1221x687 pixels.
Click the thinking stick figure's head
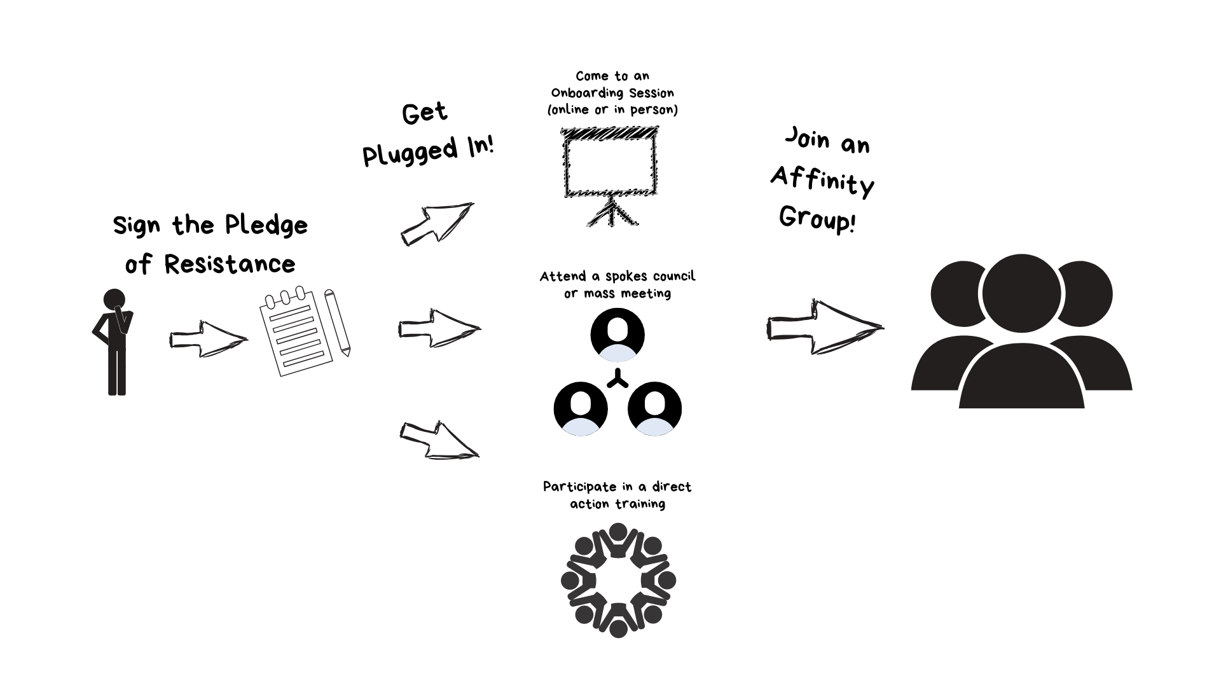[x=114, y=300]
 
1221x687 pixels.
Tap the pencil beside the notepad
[x=338, y=323]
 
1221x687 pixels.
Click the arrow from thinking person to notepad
[x=208, y=339]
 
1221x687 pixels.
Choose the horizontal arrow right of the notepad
[x=439, y=328]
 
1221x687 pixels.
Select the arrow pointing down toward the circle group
[x=439, y=440]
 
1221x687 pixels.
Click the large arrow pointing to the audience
[x=824, y=328]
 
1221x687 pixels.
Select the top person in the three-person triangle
[x=617, y=340]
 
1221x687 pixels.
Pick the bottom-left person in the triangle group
[x=581, y=414]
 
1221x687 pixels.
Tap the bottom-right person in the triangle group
[x=654, y=414]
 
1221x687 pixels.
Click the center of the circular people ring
[x=618, y=580]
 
